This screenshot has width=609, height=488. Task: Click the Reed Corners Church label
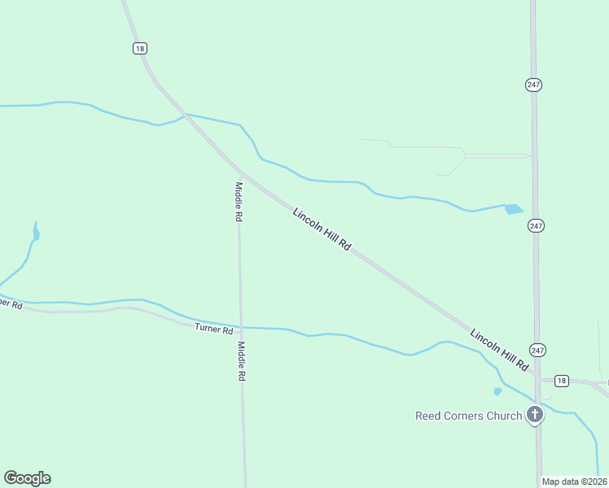click(468, 416)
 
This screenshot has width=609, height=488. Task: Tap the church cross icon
click(535, 416)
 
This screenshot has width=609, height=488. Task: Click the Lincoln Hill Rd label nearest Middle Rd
click(322, 229)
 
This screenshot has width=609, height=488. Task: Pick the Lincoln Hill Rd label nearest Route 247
click(500, 351)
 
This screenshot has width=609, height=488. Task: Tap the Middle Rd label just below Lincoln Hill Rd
click(239, 202)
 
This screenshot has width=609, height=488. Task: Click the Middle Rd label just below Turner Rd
click(241, 362)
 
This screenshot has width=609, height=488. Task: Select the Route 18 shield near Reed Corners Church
click(561, 381)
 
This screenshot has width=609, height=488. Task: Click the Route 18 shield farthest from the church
click(140, 49)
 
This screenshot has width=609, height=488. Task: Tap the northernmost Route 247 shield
click(533, 85)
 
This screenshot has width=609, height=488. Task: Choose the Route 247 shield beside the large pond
click(535, 225)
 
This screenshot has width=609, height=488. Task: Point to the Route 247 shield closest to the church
click(537, 349)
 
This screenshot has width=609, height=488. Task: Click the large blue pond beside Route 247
click(513, 209)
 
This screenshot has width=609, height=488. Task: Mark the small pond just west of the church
click(497, 391)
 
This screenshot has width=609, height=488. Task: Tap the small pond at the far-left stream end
click(36, 234)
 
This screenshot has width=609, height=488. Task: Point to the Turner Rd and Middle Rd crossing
click(240, 327)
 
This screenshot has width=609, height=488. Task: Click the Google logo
click(27, 478)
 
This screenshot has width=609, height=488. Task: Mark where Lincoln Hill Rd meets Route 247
click(537, 376)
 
